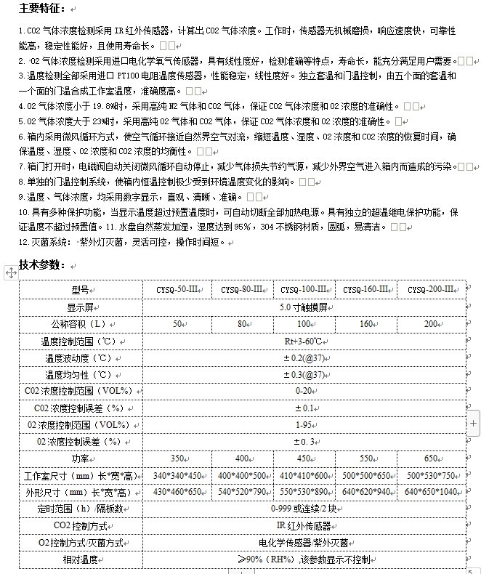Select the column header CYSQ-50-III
[x=177, y=289]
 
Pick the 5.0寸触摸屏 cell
[x=303, y=307]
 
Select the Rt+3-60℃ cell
[x=303, y=341]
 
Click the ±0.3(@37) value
[x=303, y=374]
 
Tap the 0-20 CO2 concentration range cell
[x=303, y=391]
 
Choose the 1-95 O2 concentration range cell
[x=303, y=424]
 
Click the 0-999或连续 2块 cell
[x=303, y=509]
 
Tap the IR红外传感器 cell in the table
[x=303, y=525]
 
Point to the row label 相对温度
[x=80, y=559]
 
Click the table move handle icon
[x=11, y=272]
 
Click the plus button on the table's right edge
[x=474, y=422]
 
